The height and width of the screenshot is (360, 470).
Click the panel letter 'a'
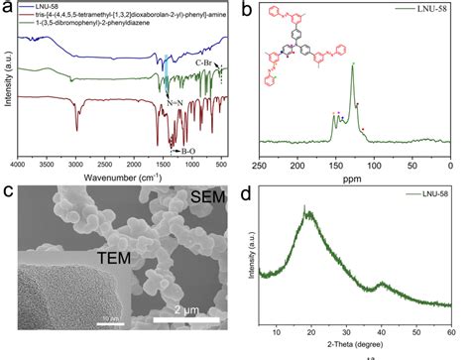(x=6, y=9)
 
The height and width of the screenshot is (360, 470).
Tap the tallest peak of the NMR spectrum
(x=351, y=66)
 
